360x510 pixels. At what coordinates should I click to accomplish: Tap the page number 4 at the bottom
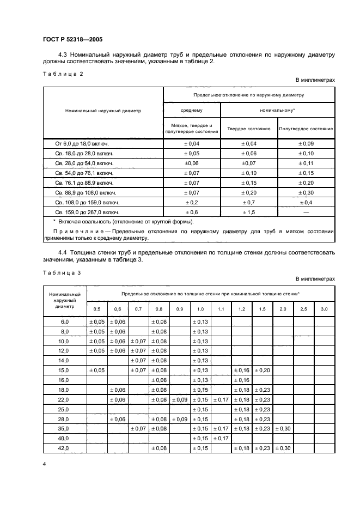click(x=44, y=464)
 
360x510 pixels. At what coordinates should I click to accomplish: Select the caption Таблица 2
click(x=62, y=74)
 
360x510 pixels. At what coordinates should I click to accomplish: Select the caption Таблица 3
click(x=61, y=272)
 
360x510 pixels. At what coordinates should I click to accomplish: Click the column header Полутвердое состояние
click(x=306, y=129)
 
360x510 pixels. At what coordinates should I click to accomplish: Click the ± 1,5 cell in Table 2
click(x=248, y=211)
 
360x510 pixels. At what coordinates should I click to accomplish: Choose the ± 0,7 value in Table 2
click(x=248, y=202)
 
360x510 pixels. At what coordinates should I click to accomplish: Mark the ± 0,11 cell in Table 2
click(x=306, y=162)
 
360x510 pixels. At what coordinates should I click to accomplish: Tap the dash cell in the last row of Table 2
click(x=306, y=211)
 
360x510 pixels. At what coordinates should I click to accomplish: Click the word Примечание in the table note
click(x=78, y=231)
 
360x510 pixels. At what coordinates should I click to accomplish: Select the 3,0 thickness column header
click(x=324, y=309)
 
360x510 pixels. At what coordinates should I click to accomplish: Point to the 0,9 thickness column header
click(x=180, y=309)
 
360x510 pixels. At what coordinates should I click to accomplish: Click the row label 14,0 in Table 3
click(x=65, y=360)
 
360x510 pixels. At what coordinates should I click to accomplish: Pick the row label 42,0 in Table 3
click(x=65, y=448)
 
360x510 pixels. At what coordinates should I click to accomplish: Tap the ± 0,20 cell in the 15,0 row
click(x=263, y=370)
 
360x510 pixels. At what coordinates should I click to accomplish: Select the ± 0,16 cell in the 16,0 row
click(x=241, y=380)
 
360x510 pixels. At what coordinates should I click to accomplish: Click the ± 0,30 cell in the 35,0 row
click(x=283, y=428)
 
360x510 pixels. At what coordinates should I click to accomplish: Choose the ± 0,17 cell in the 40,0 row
click(x=221, y=438)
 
